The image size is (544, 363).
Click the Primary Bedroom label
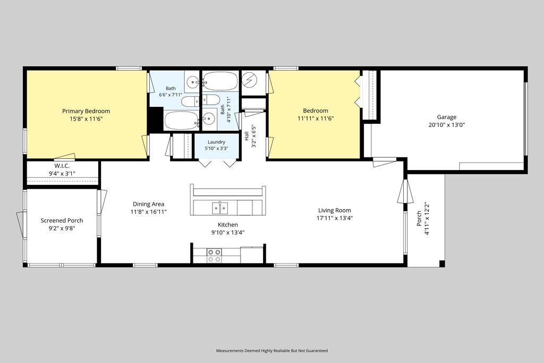[x=86, y=111]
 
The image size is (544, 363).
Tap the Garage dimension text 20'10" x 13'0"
[x=446, y=125]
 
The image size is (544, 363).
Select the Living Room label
[x=335, y=210]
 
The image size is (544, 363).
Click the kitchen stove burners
[x=214, y=256]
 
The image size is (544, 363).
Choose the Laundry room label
[x=217, y=142]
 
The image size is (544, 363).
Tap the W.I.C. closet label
[x=62, y=166]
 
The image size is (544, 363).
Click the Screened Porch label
[x=62, y=221]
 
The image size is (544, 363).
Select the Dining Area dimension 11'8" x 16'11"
[x=149, y=212]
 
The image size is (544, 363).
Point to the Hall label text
[x=246, y=136]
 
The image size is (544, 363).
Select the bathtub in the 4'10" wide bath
[x=220, y=81]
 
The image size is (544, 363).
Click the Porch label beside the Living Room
[x=419, y=218]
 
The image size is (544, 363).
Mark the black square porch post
[x=442, y=264]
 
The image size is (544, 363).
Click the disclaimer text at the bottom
[x=271, y=350]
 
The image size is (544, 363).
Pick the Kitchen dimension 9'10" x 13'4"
[x=228, y=232]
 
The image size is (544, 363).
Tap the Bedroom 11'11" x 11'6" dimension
[x=316, y=119]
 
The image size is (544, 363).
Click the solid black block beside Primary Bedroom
[x=156, y=120]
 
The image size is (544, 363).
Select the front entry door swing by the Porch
[x=405, y=192]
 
